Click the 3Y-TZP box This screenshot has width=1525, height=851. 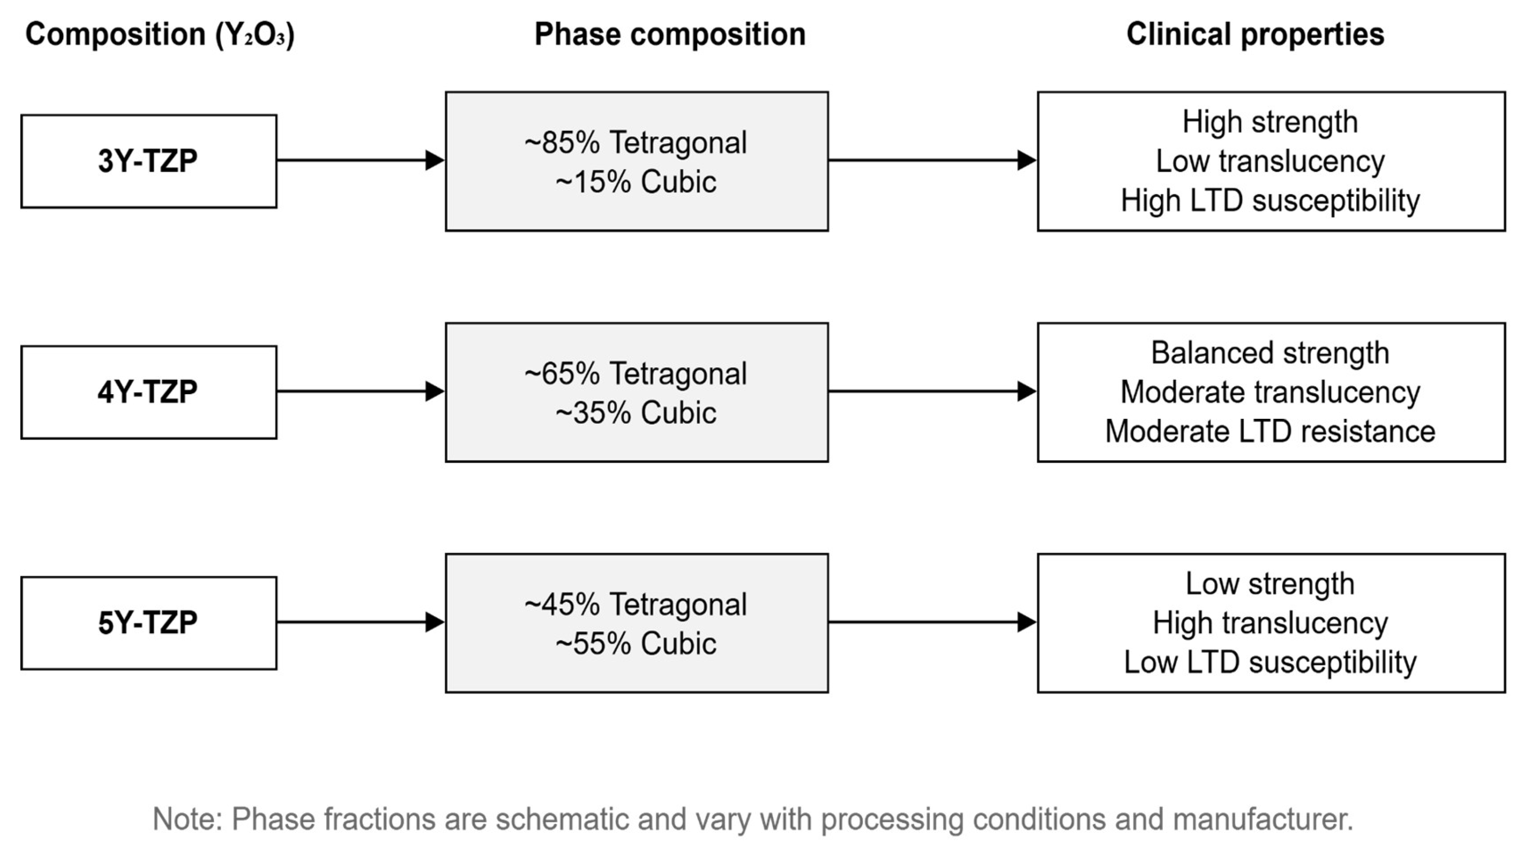click(x=148, y=161)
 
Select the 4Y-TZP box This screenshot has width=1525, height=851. click(x=148, y=392)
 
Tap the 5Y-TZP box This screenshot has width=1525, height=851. click(x=148, y=623)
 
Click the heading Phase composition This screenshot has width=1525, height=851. click(x=670, y=34)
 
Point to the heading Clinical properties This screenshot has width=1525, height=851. click(x=1255, y=34)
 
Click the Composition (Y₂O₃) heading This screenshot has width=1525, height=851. click(x=160, y=34)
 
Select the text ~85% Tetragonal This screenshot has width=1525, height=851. click(x=636, y=143)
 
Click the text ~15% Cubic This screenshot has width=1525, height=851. click(x=636, y=182)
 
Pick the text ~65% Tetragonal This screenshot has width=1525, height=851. click(x=636, y=374)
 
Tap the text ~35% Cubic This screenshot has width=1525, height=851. click(x=636, y=413)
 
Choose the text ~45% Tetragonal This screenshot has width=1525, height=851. click(x=636, y=605)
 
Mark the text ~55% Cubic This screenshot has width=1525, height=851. click(x=636, y=644)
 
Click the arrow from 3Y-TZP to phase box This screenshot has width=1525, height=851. click(x=360, y=160)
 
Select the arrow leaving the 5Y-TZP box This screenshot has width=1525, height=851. click(x=360, y=622)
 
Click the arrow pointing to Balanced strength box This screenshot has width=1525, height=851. click(x=932, y=391)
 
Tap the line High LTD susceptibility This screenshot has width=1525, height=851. click(x=1270, y=201)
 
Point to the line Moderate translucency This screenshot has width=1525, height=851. click(x=1270, y=392)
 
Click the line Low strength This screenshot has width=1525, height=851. click(x=1270, y=584)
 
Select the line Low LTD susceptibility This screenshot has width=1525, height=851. click(x=1270, y=662)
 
